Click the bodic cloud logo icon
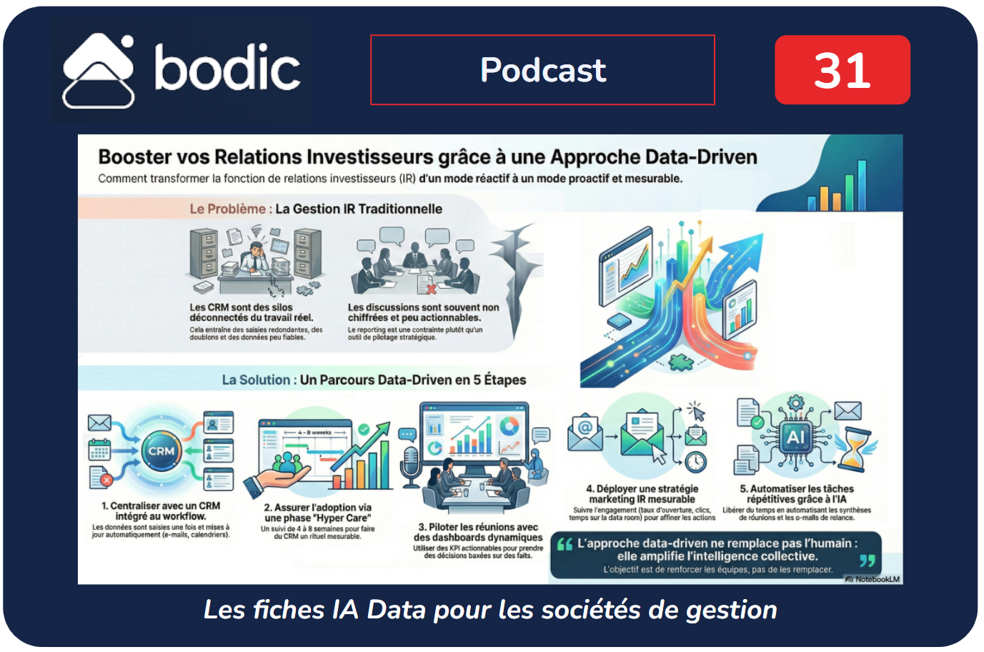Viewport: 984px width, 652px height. (98, 71)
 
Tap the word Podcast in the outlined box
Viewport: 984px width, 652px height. (542, 70)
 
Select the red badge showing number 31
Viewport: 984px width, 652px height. (842, 70)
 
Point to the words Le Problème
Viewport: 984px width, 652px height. (227, 209)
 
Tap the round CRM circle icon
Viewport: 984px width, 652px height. (161, 451)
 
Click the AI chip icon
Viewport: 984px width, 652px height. (795, 437)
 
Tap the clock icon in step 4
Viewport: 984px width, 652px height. (695, 462)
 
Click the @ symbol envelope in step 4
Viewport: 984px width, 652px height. (585, 431)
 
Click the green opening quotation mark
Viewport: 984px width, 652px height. (565, 545)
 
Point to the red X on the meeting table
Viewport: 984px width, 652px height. (431, 290)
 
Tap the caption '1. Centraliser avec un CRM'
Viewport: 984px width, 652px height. (161, 505)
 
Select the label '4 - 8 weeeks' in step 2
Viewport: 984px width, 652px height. (314, 433)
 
